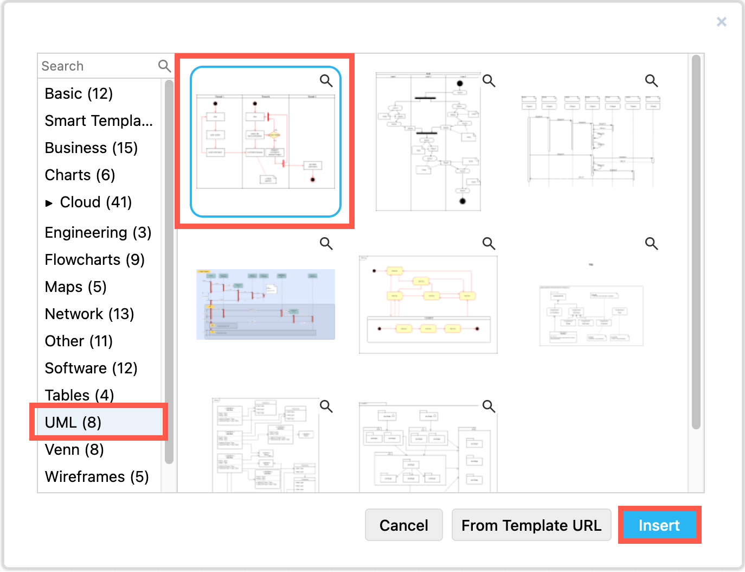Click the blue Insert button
click(x=659, y=525)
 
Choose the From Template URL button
click(x=531, y=525)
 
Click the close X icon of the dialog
click(x=721, y=22)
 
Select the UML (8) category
click(x=73, y=422)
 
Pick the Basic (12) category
click(x=79, y=93)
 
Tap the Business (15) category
click(x=91, y=148)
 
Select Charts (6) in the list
click(x=80, y=175)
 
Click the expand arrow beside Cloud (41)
click(x=49, y=203)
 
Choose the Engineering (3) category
click(x=98, y=232)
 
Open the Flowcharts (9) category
click(x=94, y=259)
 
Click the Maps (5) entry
click(x=75, y=287)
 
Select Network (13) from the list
click(x=89, y=314)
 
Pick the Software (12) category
click(x=91, y=368)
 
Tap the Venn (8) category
click(x=74, y=449)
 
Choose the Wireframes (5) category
click(x=97, y=476)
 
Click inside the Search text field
click(x=98, y=66)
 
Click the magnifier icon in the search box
click(x=164, y=66)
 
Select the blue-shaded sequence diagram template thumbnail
click(x=265, y=304)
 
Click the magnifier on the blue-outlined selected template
click(x=326, y=81)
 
